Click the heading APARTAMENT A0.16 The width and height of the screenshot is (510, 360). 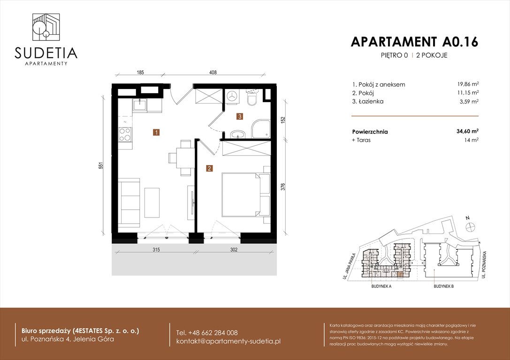pos(414,42)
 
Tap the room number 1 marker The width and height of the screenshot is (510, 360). pos(155,133)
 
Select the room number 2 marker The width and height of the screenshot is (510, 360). pos(209,168)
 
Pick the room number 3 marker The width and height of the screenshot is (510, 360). pos(239,116)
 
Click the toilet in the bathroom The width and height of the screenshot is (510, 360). pos(252,99)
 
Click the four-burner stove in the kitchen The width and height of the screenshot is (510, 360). pos(125,135)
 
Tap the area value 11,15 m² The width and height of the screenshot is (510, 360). pos(468,93)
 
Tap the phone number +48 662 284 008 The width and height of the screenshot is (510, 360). pos(207,332)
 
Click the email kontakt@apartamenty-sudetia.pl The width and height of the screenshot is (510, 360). pos(228,341)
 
